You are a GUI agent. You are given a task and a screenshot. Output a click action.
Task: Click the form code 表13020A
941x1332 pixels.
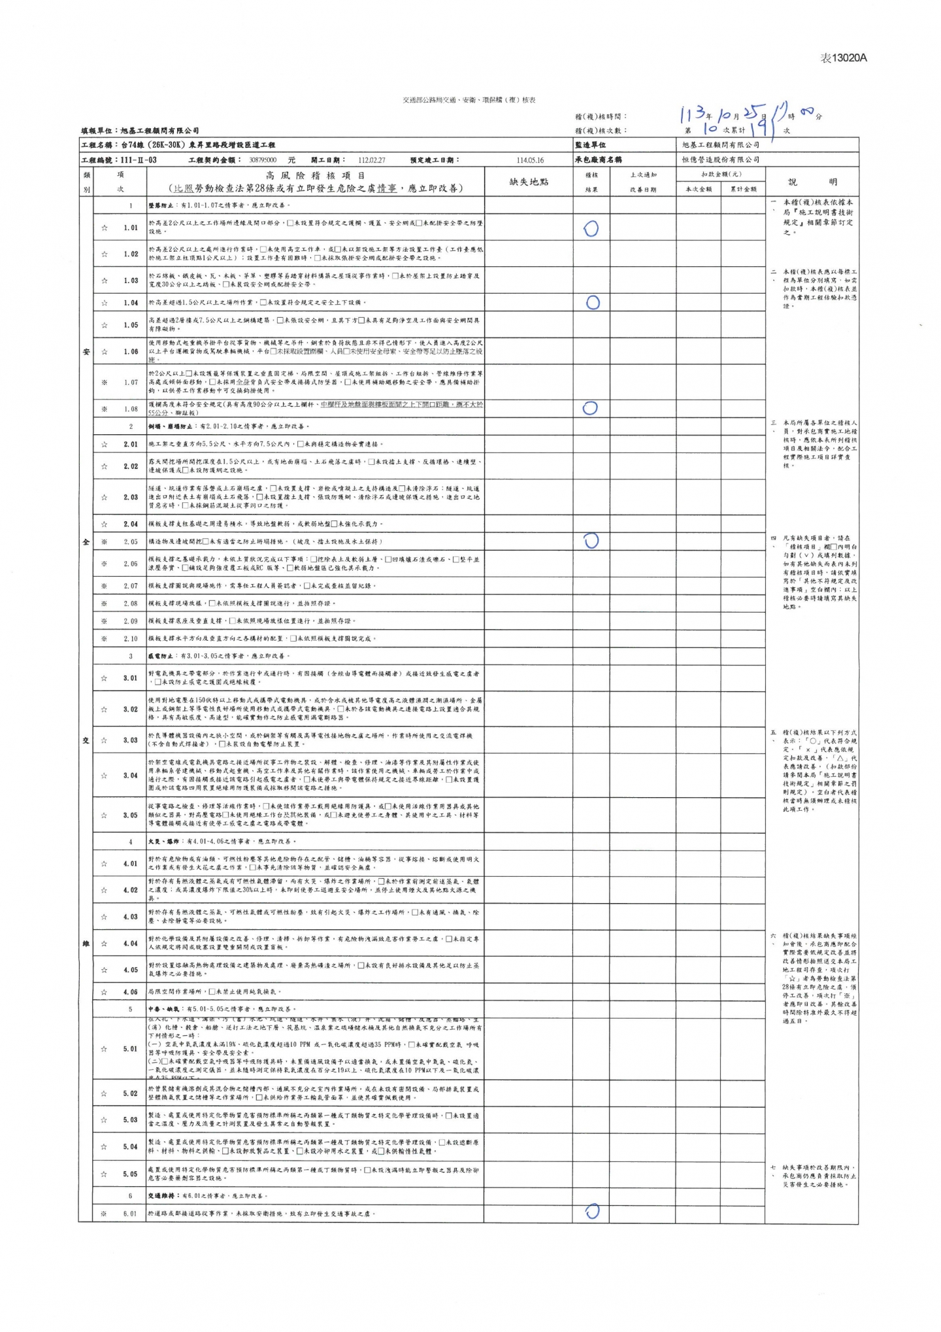[x=843, y=58]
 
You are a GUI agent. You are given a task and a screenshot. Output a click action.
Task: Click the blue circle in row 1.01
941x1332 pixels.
[x=591, y=228]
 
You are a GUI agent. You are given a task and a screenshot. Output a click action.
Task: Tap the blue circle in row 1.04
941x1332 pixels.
[x=593, y=302]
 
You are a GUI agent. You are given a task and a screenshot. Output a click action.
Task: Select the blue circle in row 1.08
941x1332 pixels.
[x=589, y=408]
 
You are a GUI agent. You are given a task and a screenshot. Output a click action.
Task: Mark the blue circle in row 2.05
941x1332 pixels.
[x=591, y=541]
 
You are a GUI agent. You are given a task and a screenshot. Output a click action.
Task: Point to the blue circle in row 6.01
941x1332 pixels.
[x=592, y=1212]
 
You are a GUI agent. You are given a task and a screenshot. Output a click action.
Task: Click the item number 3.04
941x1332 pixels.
[x=131, y=776]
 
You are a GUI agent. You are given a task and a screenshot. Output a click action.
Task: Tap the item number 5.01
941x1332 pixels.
[x=131, y=1049]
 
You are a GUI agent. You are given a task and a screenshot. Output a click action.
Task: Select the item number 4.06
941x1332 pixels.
[x=131, y=992]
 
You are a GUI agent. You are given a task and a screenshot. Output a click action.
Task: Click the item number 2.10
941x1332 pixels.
[x=131, y=638]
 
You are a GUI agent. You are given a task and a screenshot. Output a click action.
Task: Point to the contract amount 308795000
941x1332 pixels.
[x=263, y=160]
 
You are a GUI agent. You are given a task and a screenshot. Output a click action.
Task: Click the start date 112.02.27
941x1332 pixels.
[x=371, y=160]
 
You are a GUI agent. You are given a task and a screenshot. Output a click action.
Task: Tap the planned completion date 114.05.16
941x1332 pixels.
[x=529, y=160]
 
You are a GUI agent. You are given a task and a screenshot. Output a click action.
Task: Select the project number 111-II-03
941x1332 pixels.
[x=139, y=160]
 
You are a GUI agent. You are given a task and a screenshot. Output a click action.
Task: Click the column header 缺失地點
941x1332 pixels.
[x=529, y=182]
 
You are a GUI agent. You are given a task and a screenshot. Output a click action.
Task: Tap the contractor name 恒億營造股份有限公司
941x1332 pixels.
[x=716, y=160]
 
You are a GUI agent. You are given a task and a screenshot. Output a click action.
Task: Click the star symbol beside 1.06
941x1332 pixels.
[x=104, y=352]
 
